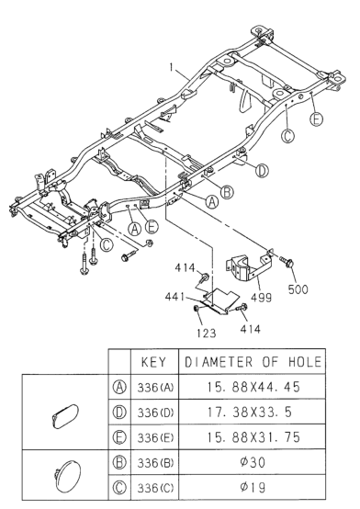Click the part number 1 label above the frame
(172, 67)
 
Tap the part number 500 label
(298, 288)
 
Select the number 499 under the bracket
(262, 298)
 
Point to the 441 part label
(174, 297)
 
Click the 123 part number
(206, 334)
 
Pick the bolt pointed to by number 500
(287, 261)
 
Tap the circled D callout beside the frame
(262, 171)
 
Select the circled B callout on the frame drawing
(227, 192)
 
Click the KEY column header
(154, 362)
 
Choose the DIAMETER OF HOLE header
(253, 362)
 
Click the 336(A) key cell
(155, 388)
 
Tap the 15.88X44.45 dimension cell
(253, 387)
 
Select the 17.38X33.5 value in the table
(250, 413)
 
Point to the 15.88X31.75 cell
(253, 437)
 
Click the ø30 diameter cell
(253, 462)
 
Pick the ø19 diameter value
(253, 487)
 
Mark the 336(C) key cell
(155, 488)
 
